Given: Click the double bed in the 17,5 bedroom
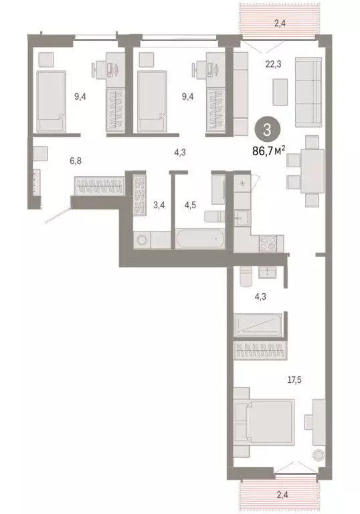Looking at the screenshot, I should pyautogui.click(x=263, y=428).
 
